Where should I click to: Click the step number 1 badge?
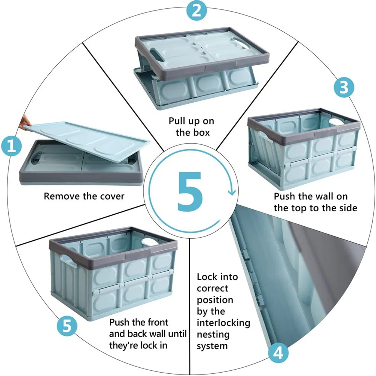11,146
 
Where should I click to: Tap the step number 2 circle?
197,10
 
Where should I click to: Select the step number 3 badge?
344,87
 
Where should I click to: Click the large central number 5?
190,191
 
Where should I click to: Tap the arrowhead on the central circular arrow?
232,192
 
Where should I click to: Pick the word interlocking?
223,323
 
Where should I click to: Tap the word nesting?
213,335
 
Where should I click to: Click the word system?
212,346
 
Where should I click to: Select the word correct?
212,288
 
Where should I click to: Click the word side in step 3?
349,208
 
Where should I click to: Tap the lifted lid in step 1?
87,141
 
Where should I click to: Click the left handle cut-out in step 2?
155,52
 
